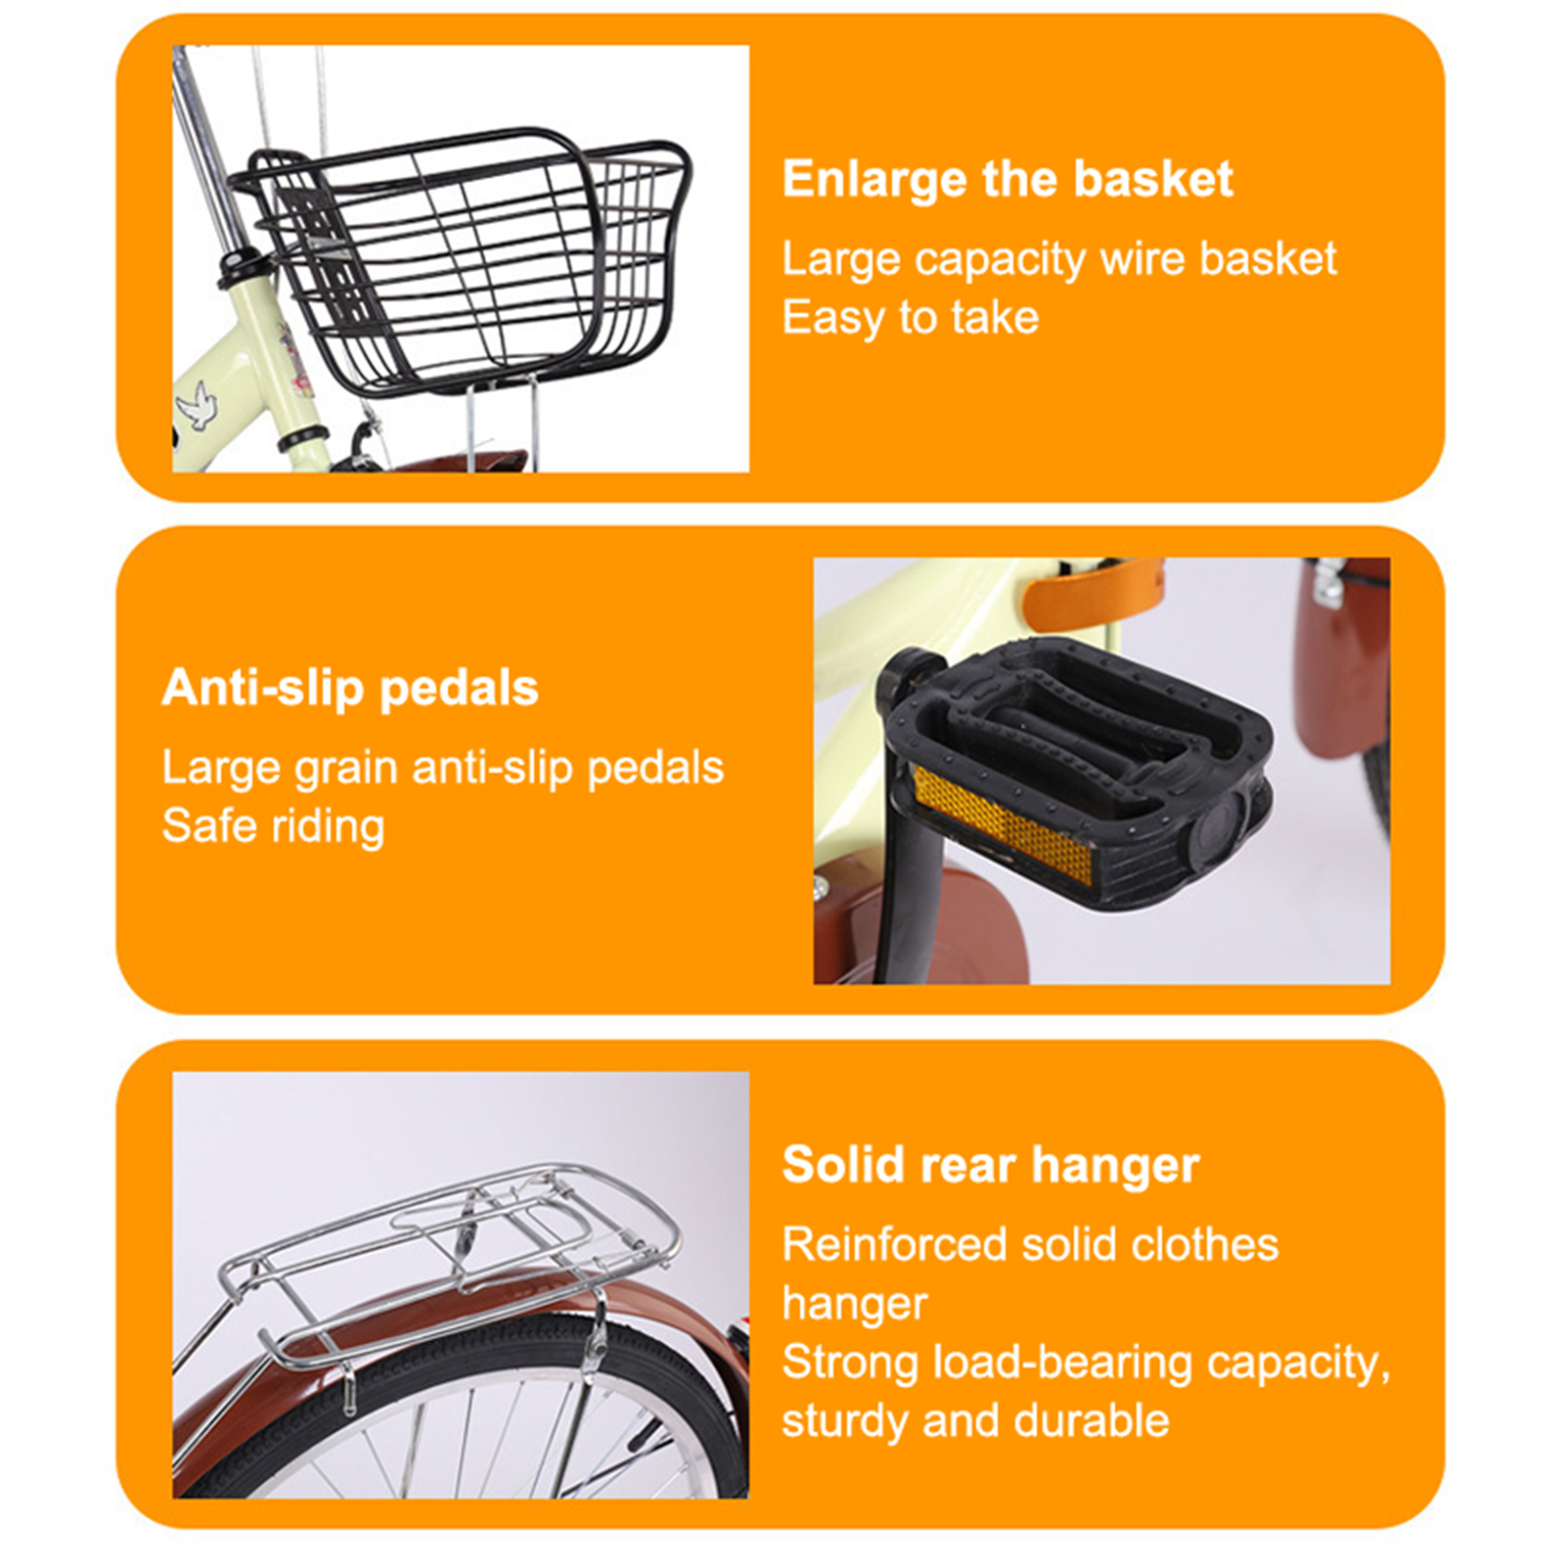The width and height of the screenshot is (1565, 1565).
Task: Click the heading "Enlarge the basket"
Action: [x=1006, y=180]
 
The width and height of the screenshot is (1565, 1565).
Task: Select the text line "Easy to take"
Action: [x=910, y=318]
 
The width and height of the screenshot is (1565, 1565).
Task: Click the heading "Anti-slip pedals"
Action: [x=350, y=689]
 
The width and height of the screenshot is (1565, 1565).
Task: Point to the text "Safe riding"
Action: [x=273, y=827]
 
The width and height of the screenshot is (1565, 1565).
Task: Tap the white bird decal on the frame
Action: [x=199, y=406]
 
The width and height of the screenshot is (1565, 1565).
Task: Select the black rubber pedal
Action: [x=1076, y=773]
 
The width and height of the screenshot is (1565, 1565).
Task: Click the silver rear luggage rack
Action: [x=450, y=1262]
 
